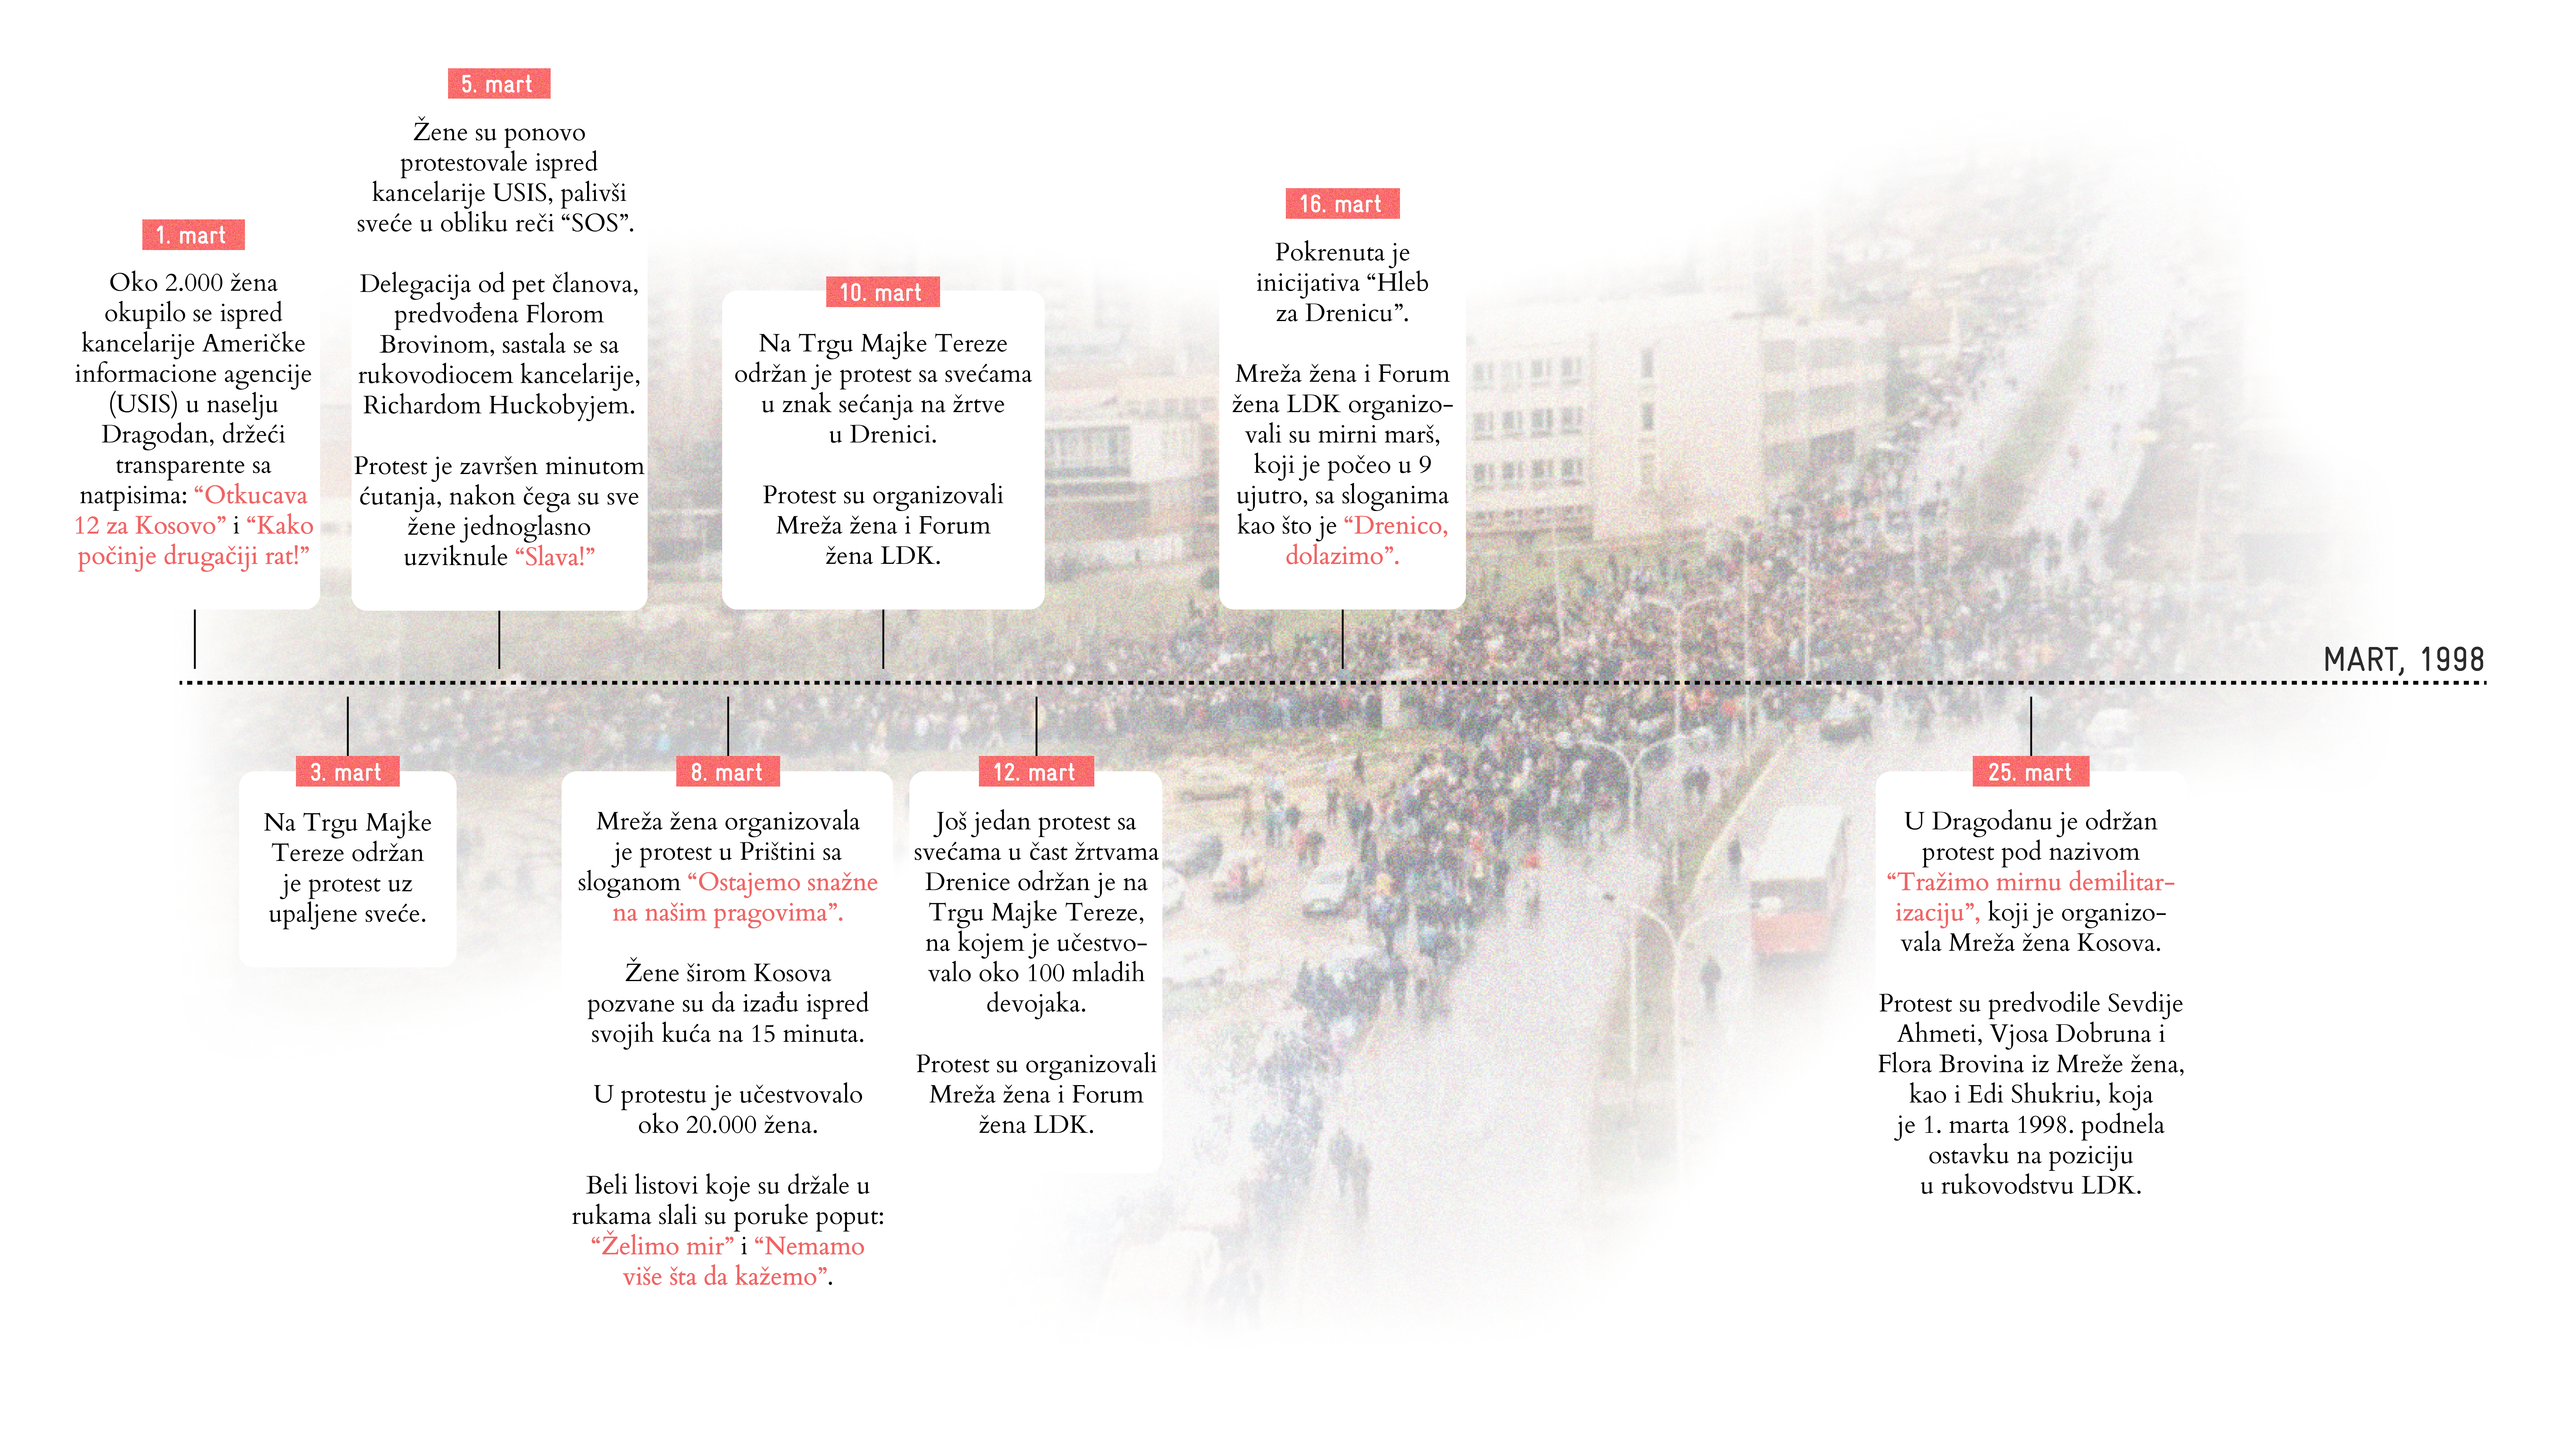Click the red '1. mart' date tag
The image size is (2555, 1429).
(192, 235)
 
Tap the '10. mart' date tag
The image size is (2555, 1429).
(882, 293)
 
